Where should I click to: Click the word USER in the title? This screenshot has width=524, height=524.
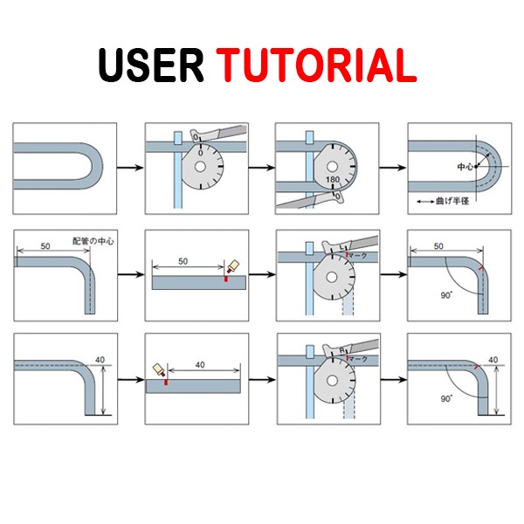pyautogui.click(x=150, y=65)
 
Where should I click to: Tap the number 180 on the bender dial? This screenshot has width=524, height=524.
pyautogui.click(x=332, y=179)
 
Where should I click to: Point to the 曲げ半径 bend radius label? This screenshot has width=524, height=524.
pyautogui.click(x=449, y=200)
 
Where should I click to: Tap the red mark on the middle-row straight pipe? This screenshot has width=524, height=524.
pyautogui.click(x=225, y=279)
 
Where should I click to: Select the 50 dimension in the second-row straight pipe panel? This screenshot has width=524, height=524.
pyautogui.click(x=183, y=261)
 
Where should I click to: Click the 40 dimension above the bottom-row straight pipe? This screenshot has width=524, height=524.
pyautogui.click(x=200, y=364)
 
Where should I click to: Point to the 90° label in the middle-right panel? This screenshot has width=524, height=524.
pyautogui.click(x=446, y=295)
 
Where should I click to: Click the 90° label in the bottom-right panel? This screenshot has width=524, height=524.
pyautogui.click(x=446, y=398)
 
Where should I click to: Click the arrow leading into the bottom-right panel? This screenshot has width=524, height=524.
pyautogui.click(x=392, y=380)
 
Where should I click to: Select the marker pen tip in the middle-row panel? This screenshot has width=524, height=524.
pyautogui.click(x=231, y=266)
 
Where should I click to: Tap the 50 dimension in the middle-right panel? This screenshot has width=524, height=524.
pyautogui.click(x=438, y=247)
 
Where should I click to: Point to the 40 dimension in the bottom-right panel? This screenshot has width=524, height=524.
pyautogui.click(x=493, y=360)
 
